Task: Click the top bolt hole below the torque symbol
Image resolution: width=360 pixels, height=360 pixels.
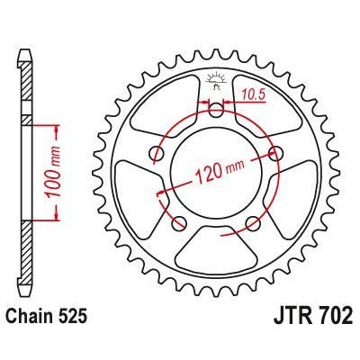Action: coord(216,111)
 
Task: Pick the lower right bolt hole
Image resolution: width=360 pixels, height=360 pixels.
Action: coord(256,221)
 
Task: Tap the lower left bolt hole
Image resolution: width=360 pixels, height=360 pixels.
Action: coord(178,221)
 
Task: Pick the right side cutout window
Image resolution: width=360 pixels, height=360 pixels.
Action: coord(290,193)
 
